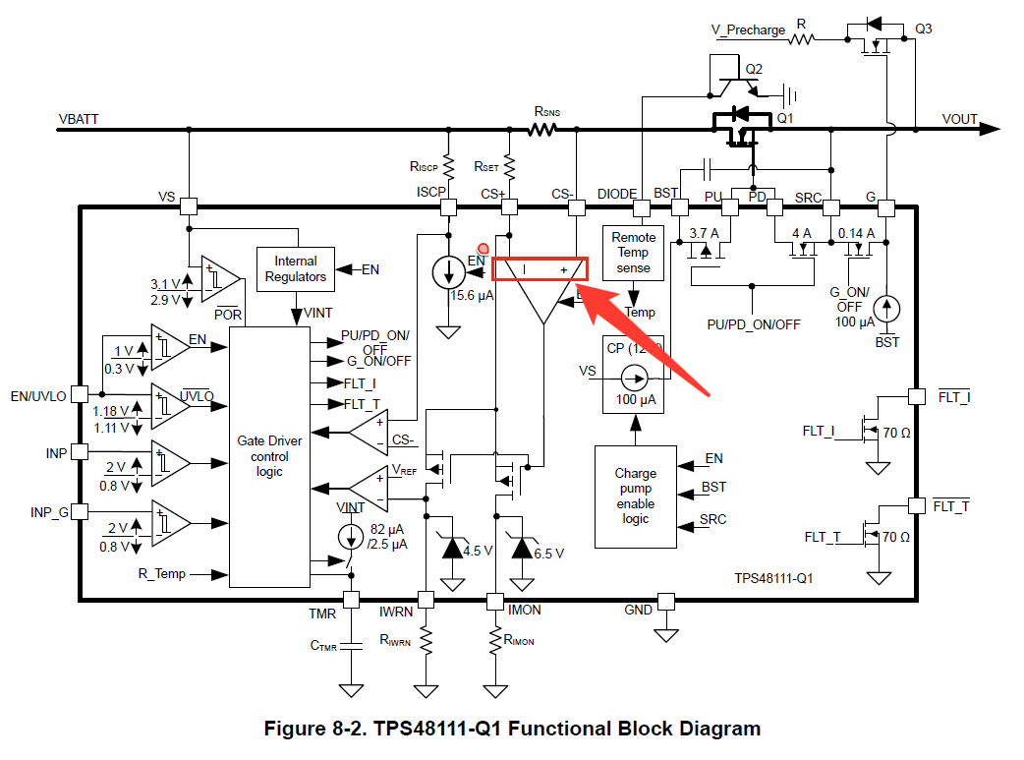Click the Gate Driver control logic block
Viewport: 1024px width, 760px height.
point(269,456)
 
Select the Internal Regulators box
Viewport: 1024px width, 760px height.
point(296,268)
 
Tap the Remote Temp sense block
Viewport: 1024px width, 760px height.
point(634,253)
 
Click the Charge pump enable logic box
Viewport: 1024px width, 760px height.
point(636,496)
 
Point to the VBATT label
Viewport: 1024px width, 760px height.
point(79,119)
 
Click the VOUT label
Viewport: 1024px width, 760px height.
point(959,119)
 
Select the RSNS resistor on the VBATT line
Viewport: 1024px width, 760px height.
point(544,129)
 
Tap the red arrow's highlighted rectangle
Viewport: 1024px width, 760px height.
point(540,269)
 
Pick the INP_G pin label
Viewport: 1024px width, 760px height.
point(49,512)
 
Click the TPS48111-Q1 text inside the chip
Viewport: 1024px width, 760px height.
point(773,579)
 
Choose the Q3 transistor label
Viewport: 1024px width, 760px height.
point(924,29)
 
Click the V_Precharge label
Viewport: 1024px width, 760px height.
point(748,29)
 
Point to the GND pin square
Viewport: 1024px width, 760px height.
point(666,600)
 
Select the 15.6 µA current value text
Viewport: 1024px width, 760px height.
point(471,295)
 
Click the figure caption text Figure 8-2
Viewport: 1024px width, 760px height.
point(512,729)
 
